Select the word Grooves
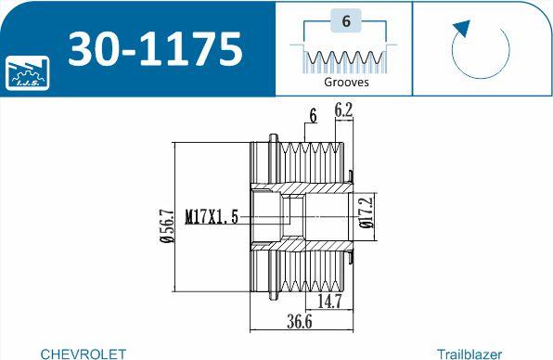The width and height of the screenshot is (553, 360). click(x=346, y=82)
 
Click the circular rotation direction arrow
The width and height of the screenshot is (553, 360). click(x=480, y=51)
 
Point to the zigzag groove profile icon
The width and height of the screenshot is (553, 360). click(x=345, y=60)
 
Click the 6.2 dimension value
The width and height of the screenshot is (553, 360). click(x=342, y=109)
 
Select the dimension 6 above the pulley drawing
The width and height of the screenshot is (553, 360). click(x=313, y=116)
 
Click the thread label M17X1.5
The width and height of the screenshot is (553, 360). click(x=212, y=217)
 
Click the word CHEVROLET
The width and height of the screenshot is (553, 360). click(x=84, y=354)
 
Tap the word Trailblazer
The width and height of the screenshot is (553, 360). click(x=469, y=354)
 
